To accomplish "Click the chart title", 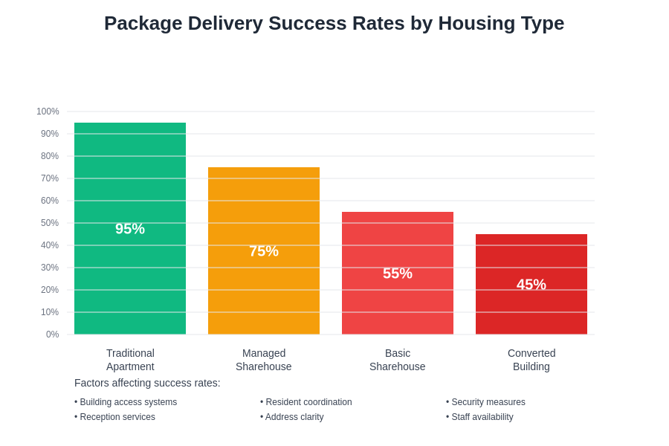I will point(334,23).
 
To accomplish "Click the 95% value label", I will point(130,229).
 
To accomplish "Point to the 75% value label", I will point(264,251).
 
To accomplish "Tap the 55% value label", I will point(398,274).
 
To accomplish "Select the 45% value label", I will point(531,285).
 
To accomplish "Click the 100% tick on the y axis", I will point(48,111).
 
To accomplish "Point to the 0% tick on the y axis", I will point(52,334).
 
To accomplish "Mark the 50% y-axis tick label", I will point(50,223).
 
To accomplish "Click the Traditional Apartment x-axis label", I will point(130,360).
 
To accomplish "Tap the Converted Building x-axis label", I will point(531,360).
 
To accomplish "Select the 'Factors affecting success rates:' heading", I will point(147,383).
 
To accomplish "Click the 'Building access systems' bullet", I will point(126,402).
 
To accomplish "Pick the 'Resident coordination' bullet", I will point(306,402).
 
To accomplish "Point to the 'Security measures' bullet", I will point(486,402).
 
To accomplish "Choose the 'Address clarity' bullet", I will point(292,417).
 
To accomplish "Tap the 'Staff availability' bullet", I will point(480,417).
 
